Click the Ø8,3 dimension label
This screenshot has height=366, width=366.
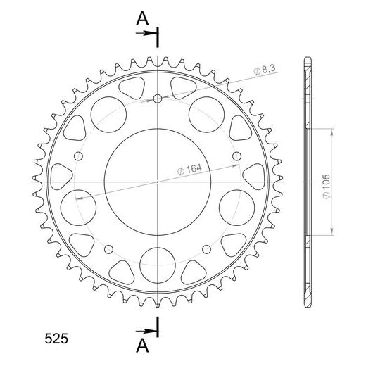tap(264, 70)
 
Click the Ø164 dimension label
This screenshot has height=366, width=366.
tap(189, 169)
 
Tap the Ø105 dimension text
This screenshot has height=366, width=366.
tap(327, 187)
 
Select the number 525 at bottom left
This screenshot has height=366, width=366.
tap(56, 339)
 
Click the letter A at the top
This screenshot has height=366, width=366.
tap(142, 19)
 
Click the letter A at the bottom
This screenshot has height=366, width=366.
tap(142, 346)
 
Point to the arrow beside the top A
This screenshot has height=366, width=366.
tap(146, 33)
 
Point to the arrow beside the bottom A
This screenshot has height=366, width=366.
tap(146, 331)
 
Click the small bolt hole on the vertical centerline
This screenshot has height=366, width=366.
tap(158, 99)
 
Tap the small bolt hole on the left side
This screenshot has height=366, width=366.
tap(78, 156)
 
